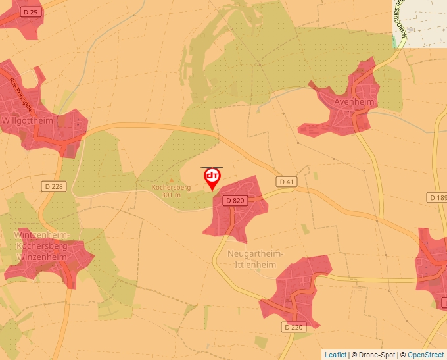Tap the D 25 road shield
tap(30, 12)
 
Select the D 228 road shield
tap(55, 186)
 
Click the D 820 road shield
tap(235, 200)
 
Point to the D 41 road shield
tap(287, 181)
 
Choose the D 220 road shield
tap(295, 326)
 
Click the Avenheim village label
tap(354, 103)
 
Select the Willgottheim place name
tap(28, 121)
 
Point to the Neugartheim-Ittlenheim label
tap(254, 259)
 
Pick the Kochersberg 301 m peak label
tap(171, 191)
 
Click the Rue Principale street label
tap(21, 94)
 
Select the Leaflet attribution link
tap(335, 355)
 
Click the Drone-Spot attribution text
tap(373, 355)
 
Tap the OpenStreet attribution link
tap(425, 355)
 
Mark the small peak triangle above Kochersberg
tap(171, 179)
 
